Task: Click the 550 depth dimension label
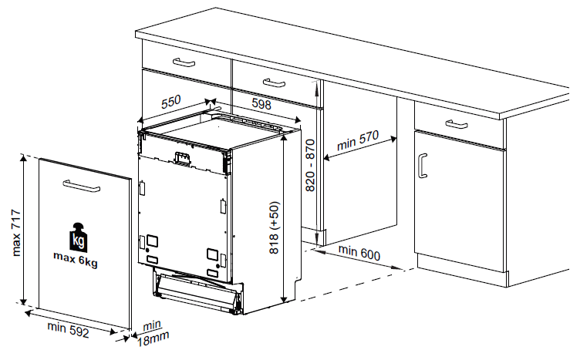171,102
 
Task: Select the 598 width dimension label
261,104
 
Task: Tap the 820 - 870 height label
310,166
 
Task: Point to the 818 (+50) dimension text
274,227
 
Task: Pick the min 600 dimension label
359,253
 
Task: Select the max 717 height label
16,233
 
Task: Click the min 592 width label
68,329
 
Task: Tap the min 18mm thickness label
153,333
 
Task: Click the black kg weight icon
78,237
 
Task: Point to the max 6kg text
76,259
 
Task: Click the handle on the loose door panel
82,186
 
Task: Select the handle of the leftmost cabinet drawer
184,62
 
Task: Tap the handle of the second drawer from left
274,82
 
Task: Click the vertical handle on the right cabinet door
422,166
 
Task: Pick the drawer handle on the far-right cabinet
457,124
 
